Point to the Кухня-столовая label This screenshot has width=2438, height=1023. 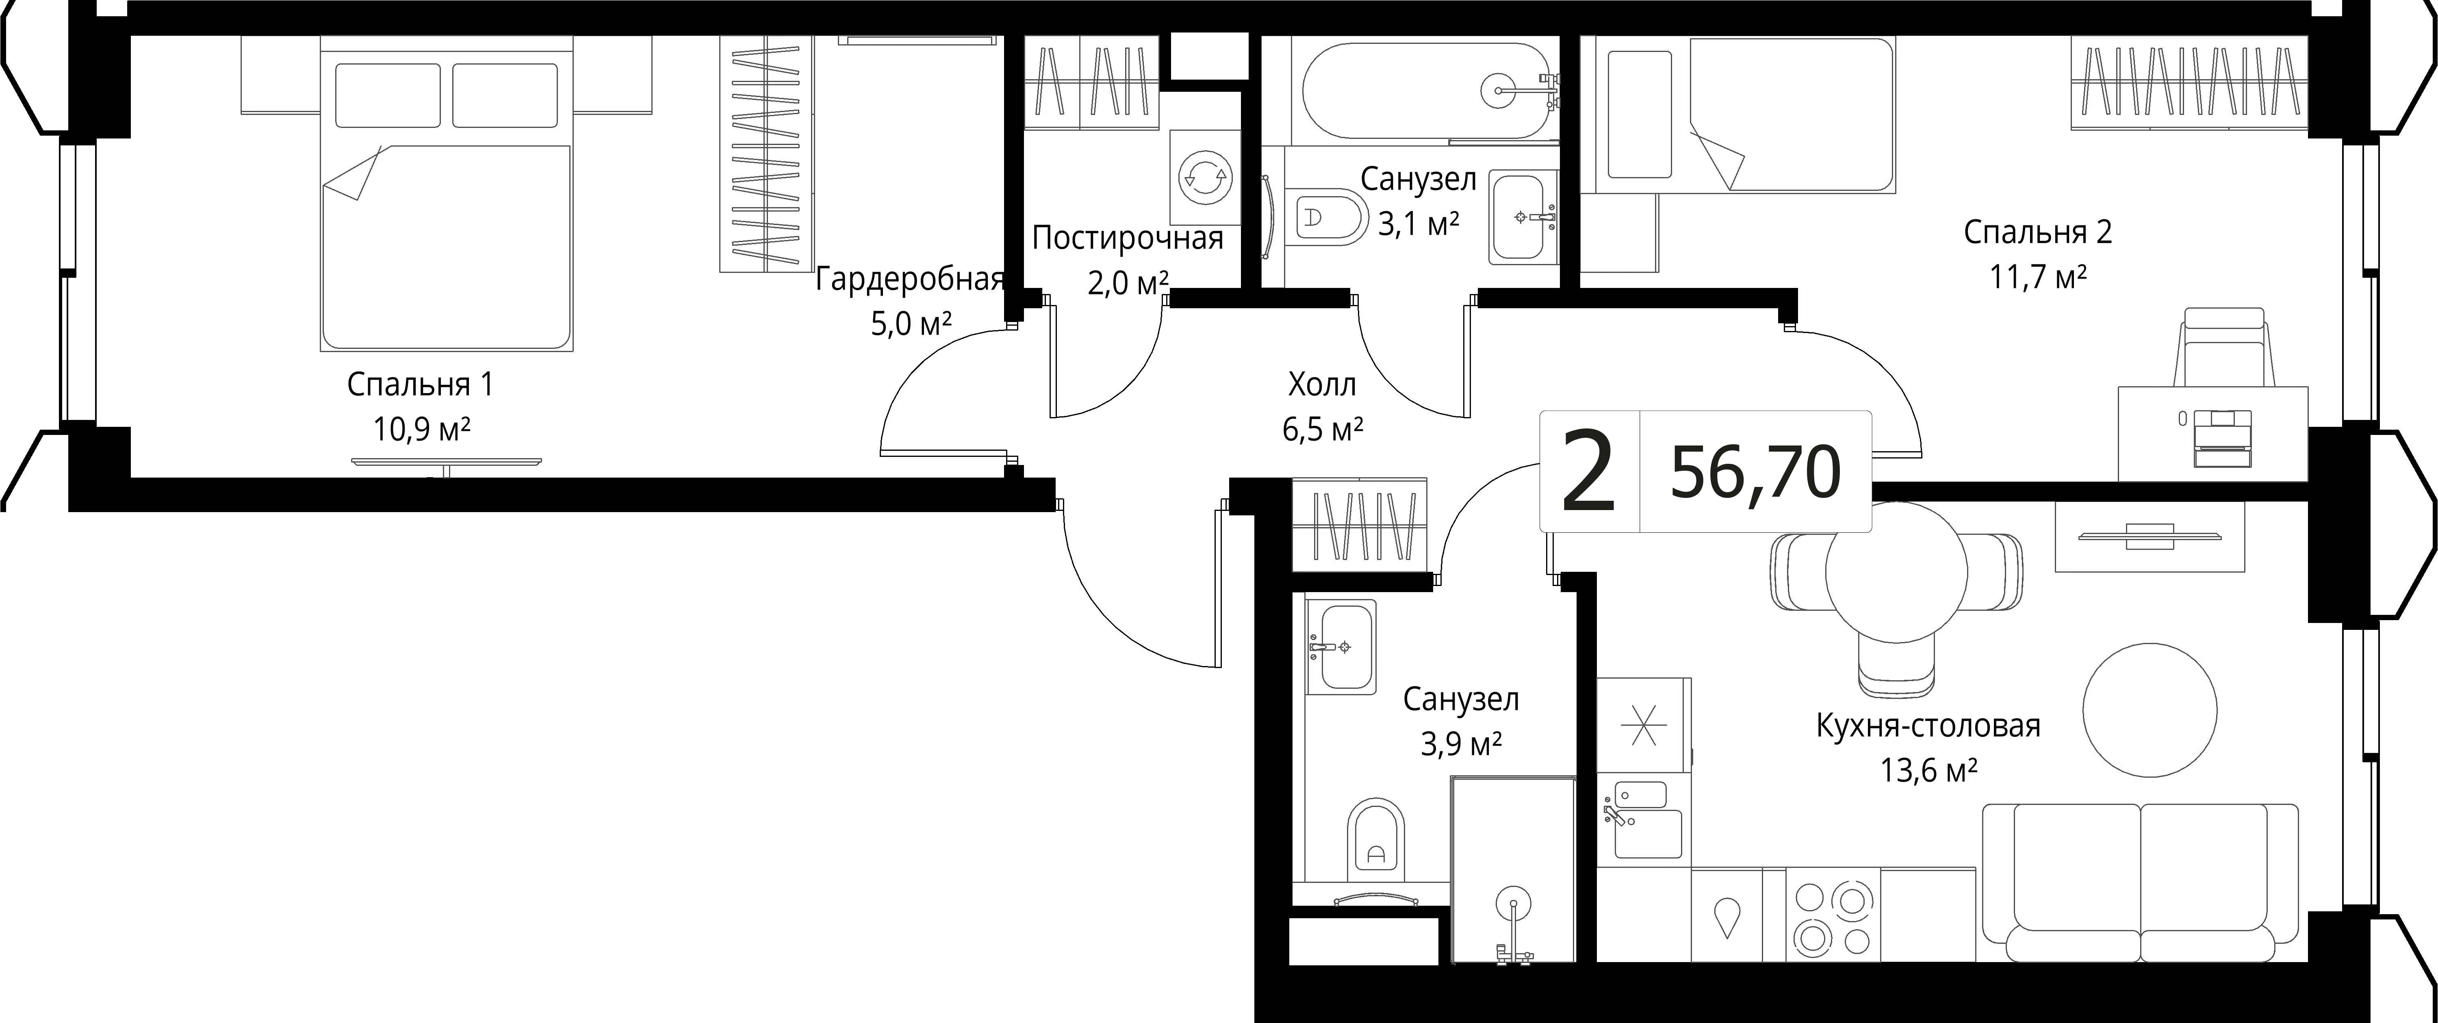pos(1928,726)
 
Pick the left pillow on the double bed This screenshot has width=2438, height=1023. pos(388,95)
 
